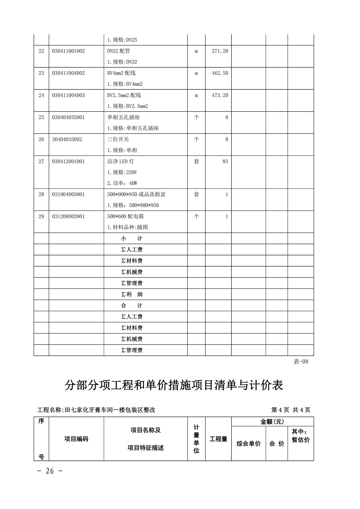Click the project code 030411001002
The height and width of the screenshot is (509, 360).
(x=68, y=51)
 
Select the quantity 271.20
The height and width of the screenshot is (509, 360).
(x=220, y=51)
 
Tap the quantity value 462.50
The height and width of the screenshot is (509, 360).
(x=220, y=73)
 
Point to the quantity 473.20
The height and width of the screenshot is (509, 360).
(x=220, y=95)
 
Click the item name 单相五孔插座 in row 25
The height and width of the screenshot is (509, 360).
(x=123, y=117)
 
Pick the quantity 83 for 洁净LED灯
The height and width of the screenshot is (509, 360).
(x=225, y=162)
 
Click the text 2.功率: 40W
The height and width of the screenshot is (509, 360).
(x=122, y=183)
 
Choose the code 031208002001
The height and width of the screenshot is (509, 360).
(x=68, y=216)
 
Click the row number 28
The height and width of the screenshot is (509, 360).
(x=41, y=194)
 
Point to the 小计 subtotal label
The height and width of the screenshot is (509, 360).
(x=132, y=239)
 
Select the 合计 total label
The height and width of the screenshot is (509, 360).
(x=132, y=306)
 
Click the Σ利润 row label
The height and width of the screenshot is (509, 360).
(x=132, y=294)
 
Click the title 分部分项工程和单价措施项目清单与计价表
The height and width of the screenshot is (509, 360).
(x=174, y=385)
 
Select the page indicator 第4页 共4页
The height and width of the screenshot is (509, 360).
(x=291, y=410)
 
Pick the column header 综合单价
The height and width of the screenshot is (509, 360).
(x=248, y=443)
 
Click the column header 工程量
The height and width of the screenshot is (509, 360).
(x=218, y=439)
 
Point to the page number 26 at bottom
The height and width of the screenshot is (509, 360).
(x=50, y=471)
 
